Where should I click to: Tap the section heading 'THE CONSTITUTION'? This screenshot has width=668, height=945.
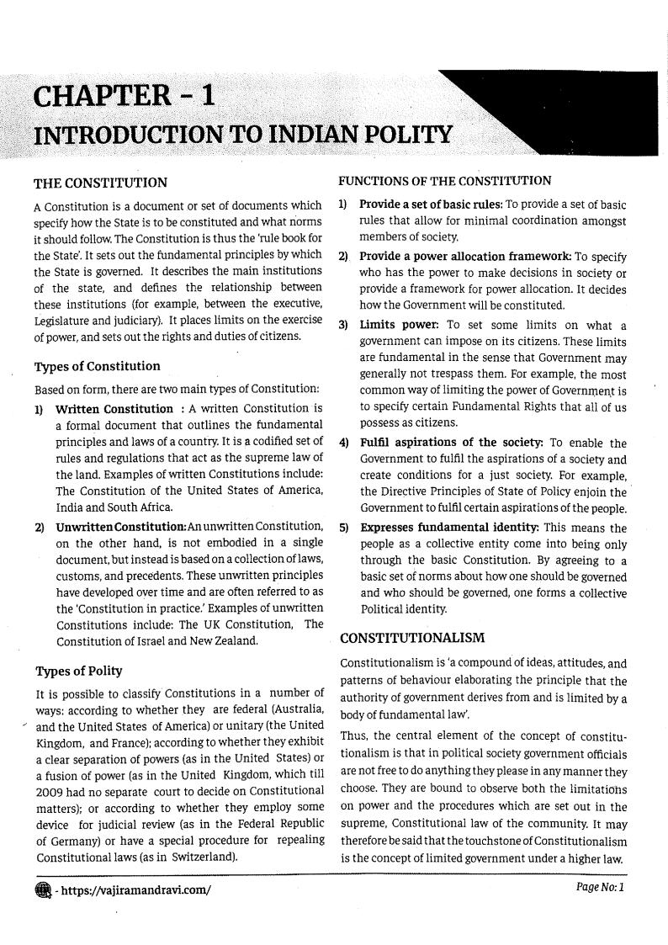pos(99,183)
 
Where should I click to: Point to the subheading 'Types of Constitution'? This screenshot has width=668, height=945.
pos(96,367)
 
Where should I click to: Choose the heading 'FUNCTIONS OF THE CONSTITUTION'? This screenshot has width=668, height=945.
pos(444,181)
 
